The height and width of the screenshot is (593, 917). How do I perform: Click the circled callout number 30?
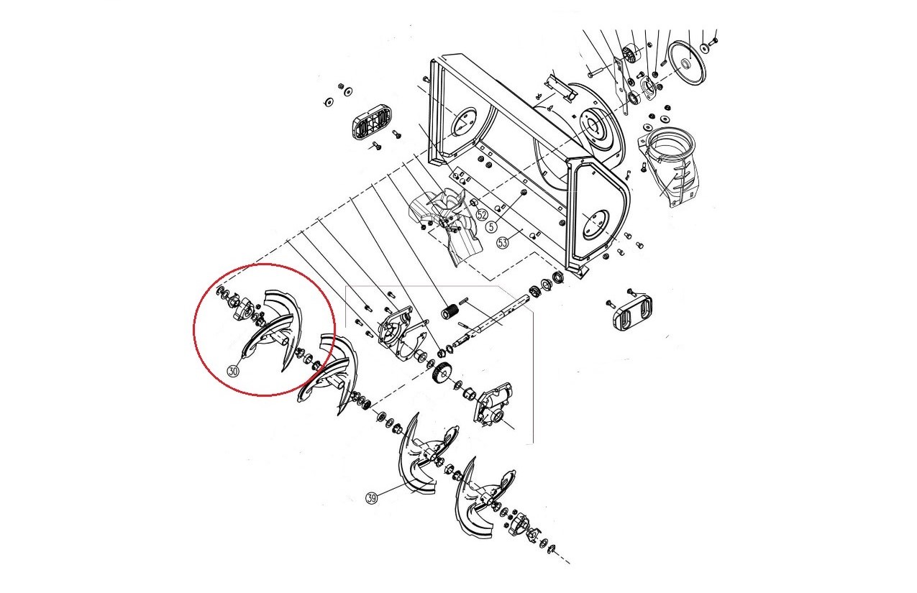(233, 372)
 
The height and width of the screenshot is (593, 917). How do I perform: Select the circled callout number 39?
(371, 498)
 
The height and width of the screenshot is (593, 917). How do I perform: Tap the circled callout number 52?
(483, 214)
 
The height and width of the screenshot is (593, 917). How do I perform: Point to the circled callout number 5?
(491, 226)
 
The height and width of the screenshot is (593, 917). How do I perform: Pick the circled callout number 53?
(503, 243)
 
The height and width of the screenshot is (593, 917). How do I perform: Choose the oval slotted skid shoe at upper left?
(370, 121)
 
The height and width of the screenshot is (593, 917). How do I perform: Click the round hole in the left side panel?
(463, 121)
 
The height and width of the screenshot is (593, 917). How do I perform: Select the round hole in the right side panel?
(596, 225)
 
